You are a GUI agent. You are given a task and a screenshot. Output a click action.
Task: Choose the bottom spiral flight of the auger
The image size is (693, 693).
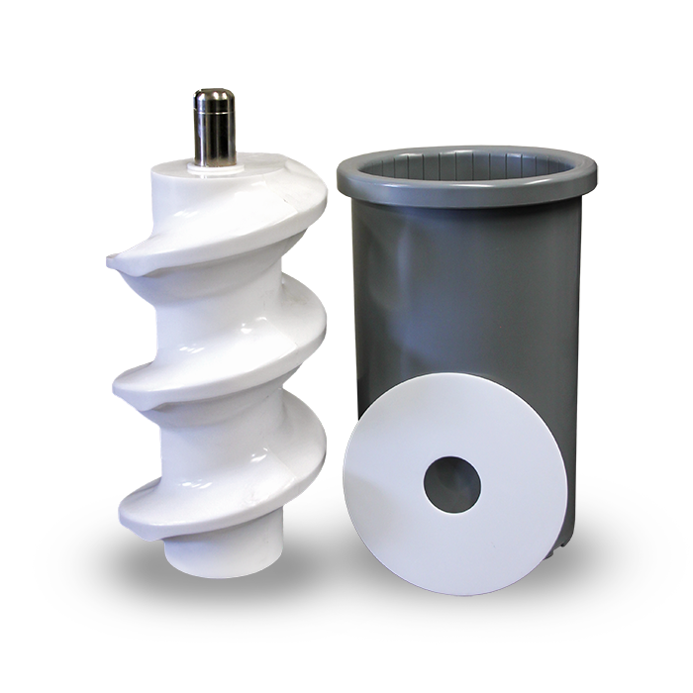pyautogui.click(x=228, y=495)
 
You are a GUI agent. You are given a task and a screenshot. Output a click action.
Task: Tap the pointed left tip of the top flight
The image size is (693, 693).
pyautogui.click(x=112, y=262)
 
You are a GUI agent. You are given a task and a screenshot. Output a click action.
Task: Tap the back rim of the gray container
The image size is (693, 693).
pyautogui.click(x=465, y=150)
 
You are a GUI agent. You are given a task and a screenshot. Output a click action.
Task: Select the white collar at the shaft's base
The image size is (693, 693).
pyautogui.click(x=213, y=168)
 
